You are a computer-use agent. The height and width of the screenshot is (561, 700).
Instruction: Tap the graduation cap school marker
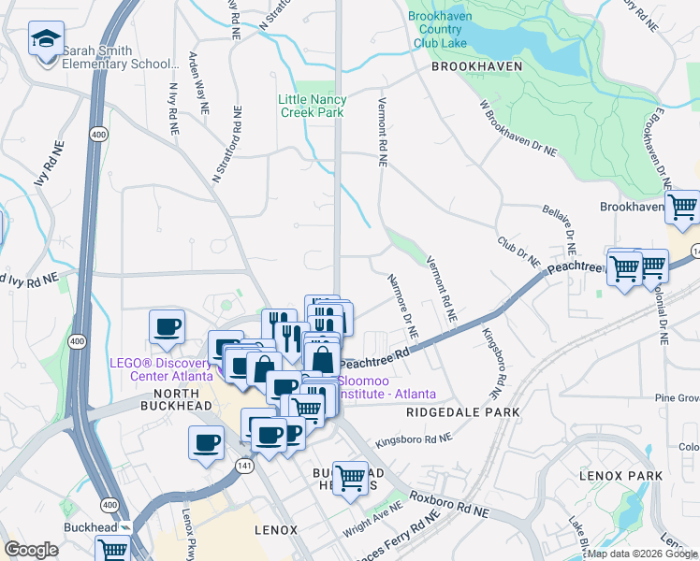pyautogui.click(x=45, y=40)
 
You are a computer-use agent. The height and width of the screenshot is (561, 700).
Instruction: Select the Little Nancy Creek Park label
pyautogui.click(x=313, y=106)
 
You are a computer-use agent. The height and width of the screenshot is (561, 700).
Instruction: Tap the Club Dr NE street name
pyautogui.click(x=519, y=250)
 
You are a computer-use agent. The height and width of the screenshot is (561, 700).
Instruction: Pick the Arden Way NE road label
pyautogui.click(x=197, y=81)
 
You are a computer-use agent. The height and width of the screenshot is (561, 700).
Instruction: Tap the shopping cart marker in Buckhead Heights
pyautogui.click(x=350, y=478)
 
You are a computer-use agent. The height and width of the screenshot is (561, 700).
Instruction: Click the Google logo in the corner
pyautogui.click(x=31, y=550)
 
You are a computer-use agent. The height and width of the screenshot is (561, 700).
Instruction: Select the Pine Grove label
pyautogui.click(x=677, y=398)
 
